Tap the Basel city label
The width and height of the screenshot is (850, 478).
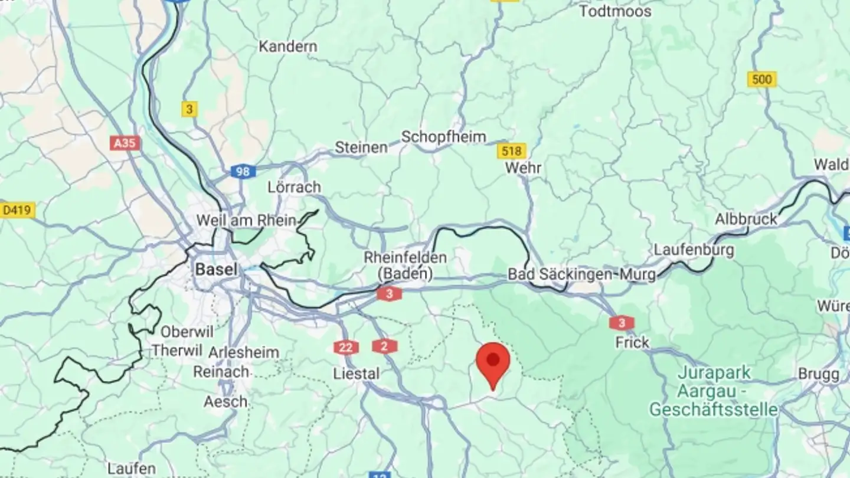[216, 270]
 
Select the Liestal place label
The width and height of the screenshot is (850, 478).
[357, 374]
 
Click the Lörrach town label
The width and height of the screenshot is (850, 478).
[294, 187]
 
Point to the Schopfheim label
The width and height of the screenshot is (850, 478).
[443, 137]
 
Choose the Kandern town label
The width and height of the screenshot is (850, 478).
[288, 46]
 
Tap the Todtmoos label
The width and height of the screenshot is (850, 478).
[615, 11]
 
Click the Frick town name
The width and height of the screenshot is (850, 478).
[632, 342]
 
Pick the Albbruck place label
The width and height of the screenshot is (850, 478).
[746, 220]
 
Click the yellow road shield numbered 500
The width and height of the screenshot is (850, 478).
[761, 80]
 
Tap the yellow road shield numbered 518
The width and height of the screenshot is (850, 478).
[511, 151]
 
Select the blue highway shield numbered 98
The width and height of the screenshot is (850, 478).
[243, 172]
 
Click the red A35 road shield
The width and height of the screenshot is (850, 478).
[125, 143]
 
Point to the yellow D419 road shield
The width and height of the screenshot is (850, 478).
[18, 209]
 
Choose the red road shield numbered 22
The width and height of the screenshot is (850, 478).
[345, 347]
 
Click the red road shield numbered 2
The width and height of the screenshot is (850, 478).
[384, 346]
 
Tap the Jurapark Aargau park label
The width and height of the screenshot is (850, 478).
[714, 391]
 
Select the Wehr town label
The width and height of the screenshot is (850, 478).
[524, 168]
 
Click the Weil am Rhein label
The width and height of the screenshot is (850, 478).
[246, 221]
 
